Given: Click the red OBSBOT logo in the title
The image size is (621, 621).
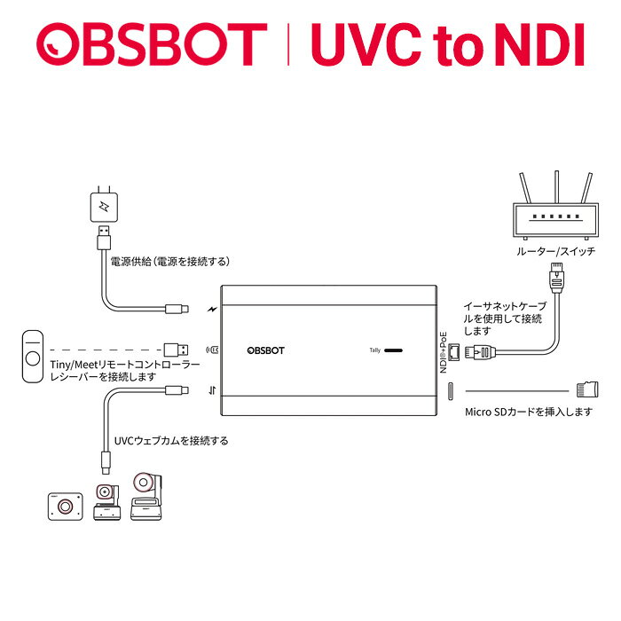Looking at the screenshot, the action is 152,44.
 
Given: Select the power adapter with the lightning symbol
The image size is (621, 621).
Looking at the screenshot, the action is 104,205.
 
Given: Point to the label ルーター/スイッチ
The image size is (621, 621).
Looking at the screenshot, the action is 555,251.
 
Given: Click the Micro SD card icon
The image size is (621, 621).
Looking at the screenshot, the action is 587,389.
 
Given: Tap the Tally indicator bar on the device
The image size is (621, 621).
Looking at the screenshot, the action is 393,350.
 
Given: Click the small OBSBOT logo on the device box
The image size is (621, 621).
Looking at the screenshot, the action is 266,350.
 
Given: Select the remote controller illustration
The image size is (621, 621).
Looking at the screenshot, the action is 33,357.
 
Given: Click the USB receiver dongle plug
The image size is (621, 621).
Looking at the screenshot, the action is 177,350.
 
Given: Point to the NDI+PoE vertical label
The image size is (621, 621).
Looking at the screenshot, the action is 444,352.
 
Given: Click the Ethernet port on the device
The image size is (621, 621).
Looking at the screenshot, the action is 454,352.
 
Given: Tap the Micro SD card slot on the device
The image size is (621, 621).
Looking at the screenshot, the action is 451,391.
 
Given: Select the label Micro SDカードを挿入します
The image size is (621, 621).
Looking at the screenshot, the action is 529,412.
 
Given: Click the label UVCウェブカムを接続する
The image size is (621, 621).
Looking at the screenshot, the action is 171,441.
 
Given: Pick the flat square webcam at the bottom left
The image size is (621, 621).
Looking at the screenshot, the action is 66,507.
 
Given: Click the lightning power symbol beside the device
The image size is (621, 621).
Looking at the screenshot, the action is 212,310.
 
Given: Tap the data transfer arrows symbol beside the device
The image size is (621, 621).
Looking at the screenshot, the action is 212,391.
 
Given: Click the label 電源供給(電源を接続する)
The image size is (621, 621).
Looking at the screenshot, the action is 170,262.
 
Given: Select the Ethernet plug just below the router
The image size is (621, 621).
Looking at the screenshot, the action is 556,277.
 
